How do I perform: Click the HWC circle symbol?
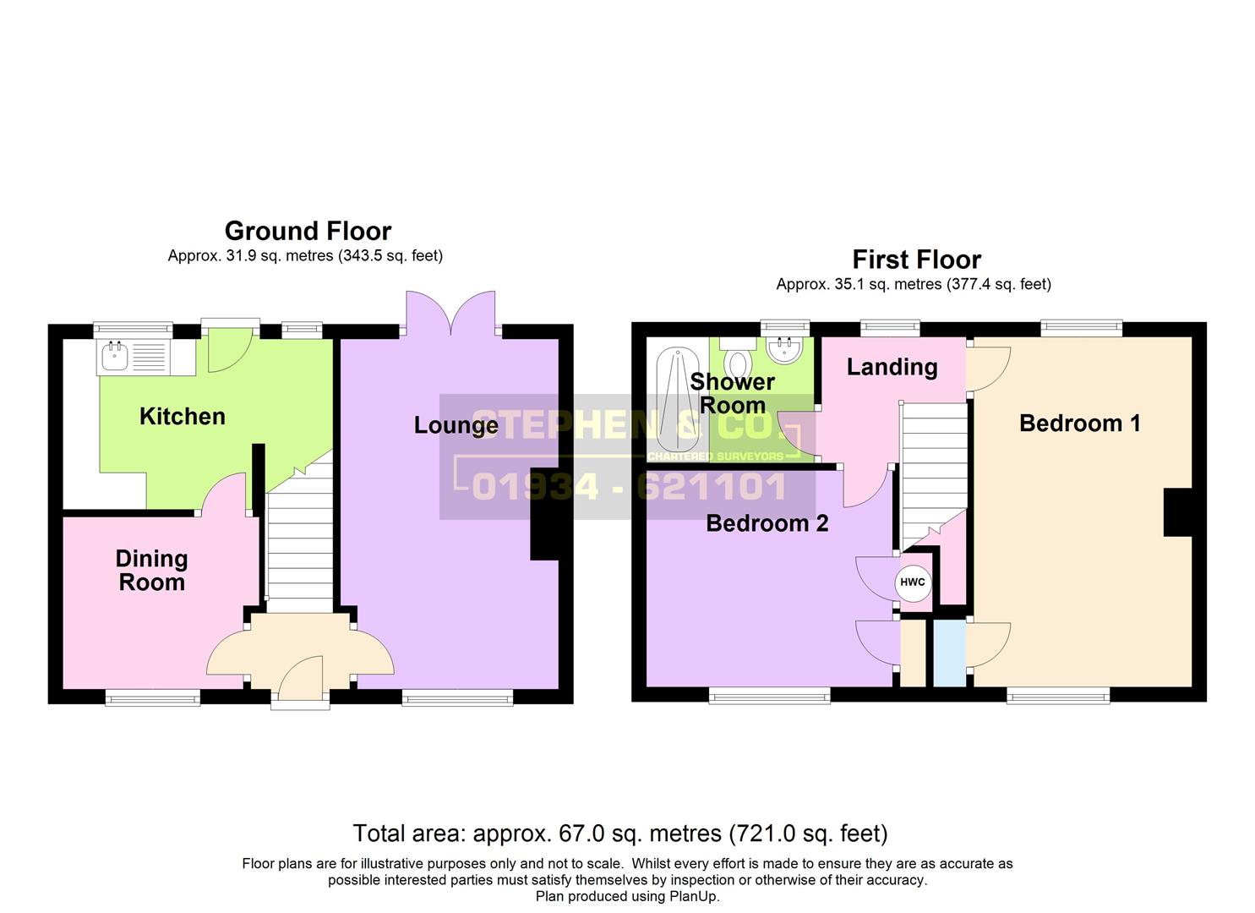[913, 583]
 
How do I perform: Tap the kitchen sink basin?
[115, 357]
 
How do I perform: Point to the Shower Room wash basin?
[783, 349]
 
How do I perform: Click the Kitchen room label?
[182, 417]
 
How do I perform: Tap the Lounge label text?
[456, 425]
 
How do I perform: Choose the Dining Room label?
[151, 571]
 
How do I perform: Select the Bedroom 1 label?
[1079, 424]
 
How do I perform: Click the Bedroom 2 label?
[767, 523]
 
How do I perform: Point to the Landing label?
[892, 368]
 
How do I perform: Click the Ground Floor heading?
[308, 231]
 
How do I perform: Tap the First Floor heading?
[917, 260]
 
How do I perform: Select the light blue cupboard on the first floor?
[950, 653]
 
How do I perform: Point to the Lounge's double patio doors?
[451, 314]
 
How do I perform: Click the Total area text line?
[620, 834]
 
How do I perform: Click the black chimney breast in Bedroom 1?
[1178, 512]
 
